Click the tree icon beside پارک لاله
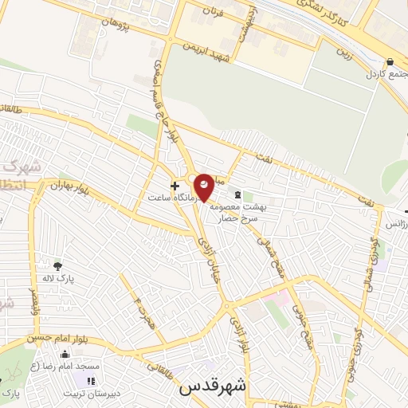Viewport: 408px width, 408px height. pos(57,265)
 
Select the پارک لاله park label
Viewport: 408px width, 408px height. pos(57,279)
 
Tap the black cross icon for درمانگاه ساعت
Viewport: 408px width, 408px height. pos(175,185)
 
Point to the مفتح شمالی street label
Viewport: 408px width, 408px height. pos(275,254)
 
